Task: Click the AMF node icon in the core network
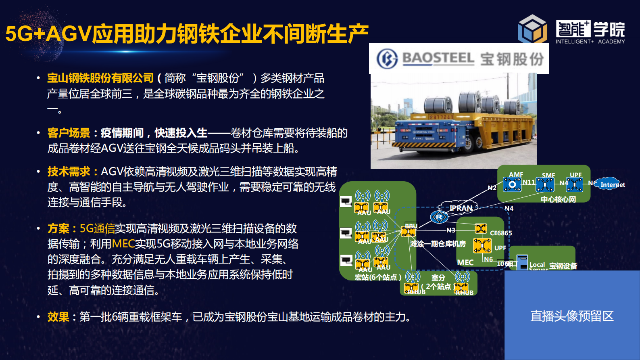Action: click(512, 185)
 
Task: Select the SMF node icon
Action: click(545, 185)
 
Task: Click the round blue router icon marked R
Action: click(439, 217)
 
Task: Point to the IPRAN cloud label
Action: click(461, 208)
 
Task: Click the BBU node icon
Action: click(408, 232)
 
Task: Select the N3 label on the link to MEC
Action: click(450, 230)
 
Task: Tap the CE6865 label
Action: click(501, 233)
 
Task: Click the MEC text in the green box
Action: click(465, 262)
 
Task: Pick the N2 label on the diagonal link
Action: click(492, 188)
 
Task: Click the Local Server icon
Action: click(522, 262)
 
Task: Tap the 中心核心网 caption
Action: click(558, 199)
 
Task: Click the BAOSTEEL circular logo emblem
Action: click(387, 59)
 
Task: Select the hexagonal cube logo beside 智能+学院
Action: click(532, 29)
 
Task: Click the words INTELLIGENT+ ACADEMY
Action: click(590, 41)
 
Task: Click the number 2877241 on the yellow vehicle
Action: click(441, 117)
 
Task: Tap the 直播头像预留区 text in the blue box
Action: click(571, 316)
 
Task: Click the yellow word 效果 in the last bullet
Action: click(58, 317)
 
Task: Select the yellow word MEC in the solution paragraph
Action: click(123, 244)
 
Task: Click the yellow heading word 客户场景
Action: click(69, 133)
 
